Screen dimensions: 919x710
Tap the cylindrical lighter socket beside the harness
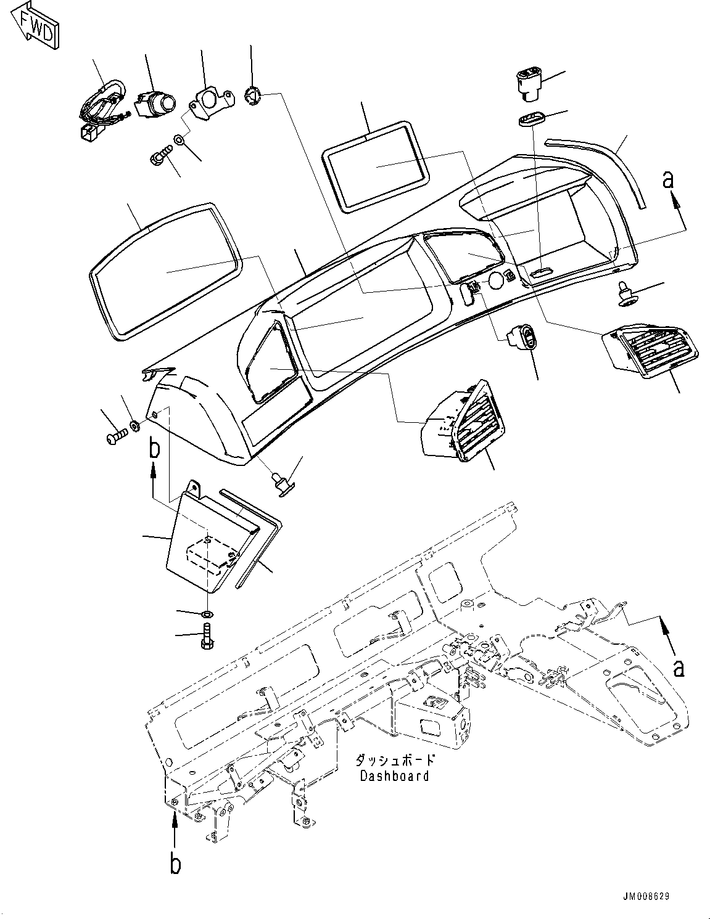tap(156, 102)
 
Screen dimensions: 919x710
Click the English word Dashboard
tap(394, 775)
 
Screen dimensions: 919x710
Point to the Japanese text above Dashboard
tap(395, 761)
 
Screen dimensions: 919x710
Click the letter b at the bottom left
tap(175, 865)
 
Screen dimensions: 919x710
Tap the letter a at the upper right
tap(667, 180)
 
